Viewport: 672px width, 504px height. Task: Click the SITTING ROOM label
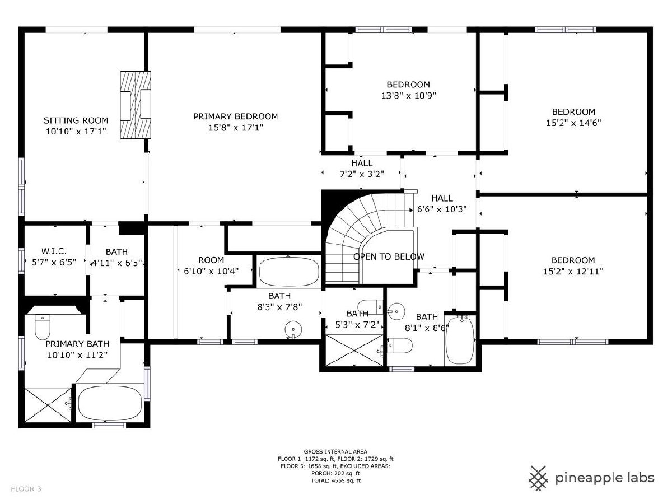tap(76, 120)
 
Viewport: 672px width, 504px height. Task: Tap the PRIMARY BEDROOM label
tap(235, 116)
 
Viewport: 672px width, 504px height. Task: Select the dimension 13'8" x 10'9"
tap(408, 96)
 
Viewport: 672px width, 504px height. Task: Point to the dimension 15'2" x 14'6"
tap(573, 123)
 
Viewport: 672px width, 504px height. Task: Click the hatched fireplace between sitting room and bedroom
tap(136, 105)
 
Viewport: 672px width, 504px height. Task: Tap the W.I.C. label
tap(54, 251)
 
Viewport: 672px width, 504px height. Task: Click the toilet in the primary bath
tap(42, 327)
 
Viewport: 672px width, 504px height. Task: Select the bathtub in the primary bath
tap(110, 403)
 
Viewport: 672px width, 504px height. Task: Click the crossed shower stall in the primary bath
tap(48, 405)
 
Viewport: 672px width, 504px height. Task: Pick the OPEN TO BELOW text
tap(389, 256)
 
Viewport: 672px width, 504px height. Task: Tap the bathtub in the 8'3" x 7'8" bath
tap(289, 272)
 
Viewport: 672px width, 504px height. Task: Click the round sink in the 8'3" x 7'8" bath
tap(293, 330)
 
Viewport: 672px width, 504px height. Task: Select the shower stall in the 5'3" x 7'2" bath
tap(354, 350)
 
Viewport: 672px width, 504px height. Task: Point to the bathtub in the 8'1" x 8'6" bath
tap(460, 340)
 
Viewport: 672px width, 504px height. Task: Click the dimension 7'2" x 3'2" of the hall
tap(362, 174)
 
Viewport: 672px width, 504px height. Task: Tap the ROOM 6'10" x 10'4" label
tap(211, 265)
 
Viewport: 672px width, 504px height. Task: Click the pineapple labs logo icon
tap(538, 478)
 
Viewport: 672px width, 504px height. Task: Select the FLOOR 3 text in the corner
tap(26, 489)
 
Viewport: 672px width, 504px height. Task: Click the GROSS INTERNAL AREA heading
tap(335, 451)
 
